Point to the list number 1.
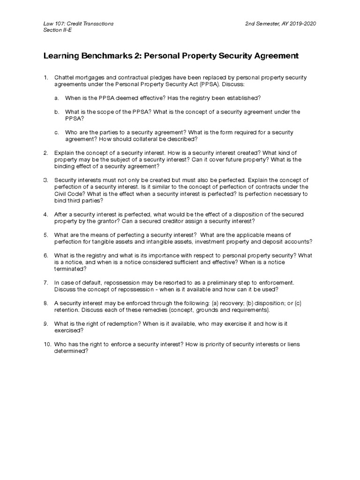click(45, 76)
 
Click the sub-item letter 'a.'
click(56, 97)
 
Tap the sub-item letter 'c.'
click(56, 132)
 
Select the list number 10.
click(46, 344)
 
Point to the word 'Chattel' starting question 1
click(64, 76)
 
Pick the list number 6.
click(45, 255)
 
